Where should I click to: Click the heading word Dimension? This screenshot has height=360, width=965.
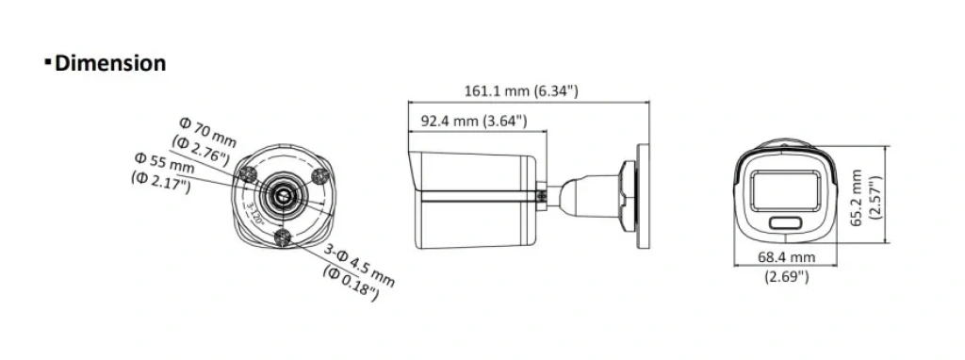click(111, 63)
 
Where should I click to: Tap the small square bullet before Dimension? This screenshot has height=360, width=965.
click(47, 61)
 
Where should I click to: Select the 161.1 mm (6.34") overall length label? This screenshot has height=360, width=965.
click(521, 91)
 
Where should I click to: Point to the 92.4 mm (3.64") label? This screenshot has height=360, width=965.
click(474, 121)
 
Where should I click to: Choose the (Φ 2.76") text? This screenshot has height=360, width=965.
click(202, 151)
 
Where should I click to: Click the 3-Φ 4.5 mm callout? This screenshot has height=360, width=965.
click(359, 266)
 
